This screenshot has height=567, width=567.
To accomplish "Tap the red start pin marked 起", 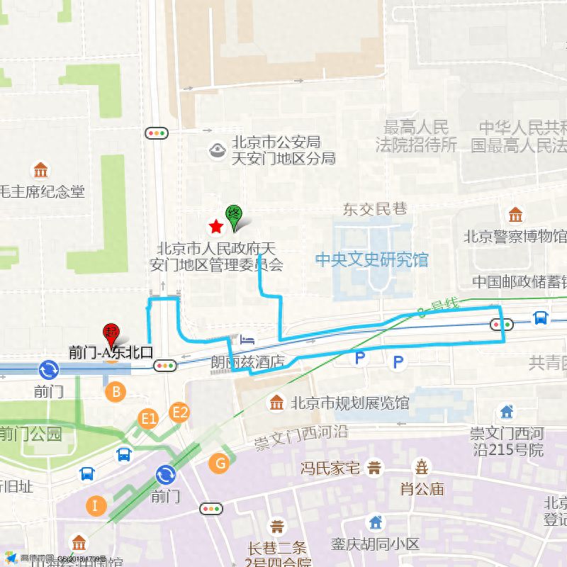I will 111,332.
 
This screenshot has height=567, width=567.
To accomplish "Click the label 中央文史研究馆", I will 372,259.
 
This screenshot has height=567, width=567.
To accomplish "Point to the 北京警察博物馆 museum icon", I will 515,215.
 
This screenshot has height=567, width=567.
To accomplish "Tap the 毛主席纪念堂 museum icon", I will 40,171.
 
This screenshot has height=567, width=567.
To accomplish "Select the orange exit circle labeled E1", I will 148,419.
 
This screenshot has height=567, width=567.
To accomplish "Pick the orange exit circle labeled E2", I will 180,412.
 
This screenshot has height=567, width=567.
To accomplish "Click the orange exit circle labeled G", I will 220,464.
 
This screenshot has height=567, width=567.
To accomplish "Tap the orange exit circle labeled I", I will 95,505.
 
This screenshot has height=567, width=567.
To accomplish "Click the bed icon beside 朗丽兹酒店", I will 246,339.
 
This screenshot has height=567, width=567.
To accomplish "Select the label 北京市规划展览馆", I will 350,403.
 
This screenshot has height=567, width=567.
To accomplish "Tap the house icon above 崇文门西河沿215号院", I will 506,411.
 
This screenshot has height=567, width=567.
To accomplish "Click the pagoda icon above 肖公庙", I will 422,467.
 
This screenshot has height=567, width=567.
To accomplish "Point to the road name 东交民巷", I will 375,209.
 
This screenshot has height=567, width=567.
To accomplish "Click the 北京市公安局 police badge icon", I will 217,150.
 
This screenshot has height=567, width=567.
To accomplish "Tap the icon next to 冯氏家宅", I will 374,468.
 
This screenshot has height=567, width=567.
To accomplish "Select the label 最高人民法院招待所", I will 417,137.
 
